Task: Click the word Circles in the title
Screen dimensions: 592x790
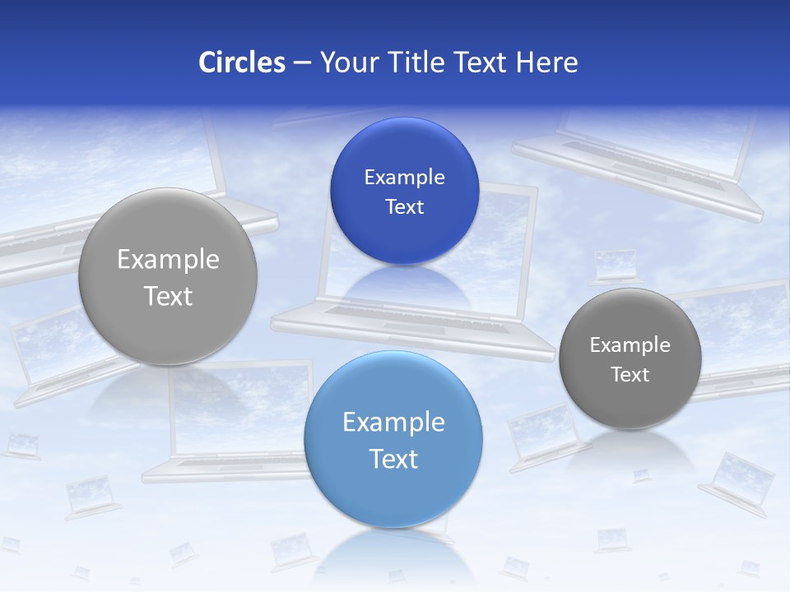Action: [x=242, y=62]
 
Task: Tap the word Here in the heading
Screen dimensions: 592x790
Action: [x=546, y=62]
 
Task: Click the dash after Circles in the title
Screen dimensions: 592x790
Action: [x=302, y=63]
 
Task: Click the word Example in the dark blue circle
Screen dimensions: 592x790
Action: [x=404, y=178]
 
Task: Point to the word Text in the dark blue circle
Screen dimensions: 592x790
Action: [x=404, y=207]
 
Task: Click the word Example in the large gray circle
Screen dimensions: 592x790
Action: [x=168, y=260]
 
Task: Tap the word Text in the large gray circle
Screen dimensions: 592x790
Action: [x=168, y=296]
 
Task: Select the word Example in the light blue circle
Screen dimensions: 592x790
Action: [x=393, y=423]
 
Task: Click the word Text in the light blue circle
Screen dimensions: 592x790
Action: [x=393, y=459]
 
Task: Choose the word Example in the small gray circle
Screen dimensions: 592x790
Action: [x=630, y=345]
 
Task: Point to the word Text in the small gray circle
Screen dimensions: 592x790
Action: [x=630, y=375]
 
